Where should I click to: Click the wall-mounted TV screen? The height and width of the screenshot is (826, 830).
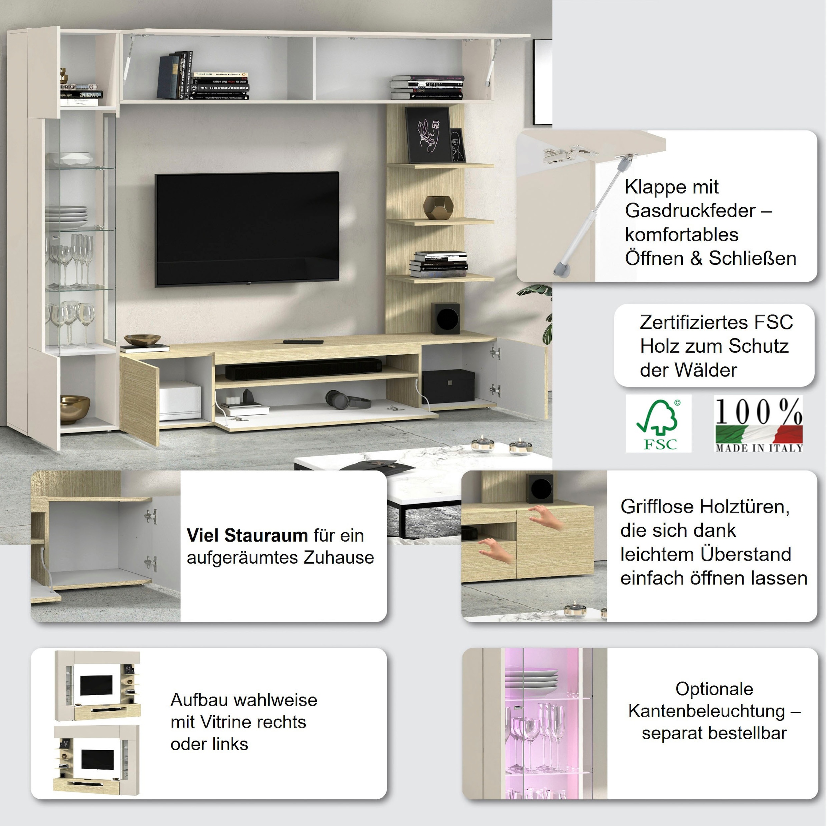pyautogui.click(x=247, y=229)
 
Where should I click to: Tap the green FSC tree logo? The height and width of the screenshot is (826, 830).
pyautogui.click(x=658, y=423)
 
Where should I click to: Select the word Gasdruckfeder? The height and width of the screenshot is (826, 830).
pyautogui.click(x=690, y=211)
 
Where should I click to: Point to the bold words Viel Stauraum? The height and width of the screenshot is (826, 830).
pyautogui.click(x=247, y=535)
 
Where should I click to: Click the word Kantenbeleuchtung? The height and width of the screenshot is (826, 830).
pyautogui.click(x=706, y=711)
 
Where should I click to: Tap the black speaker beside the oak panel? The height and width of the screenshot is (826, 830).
pyautogui.click(x=446, y=318)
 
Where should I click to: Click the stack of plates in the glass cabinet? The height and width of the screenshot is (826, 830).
pyautogui.click(x=67, y=217)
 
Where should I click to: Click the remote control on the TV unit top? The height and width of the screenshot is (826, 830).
pyautogui.click(x=303, y=342)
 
